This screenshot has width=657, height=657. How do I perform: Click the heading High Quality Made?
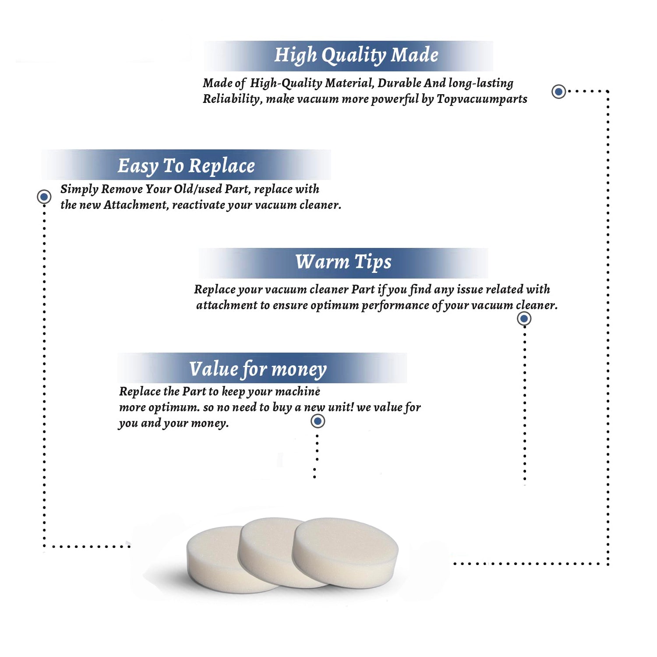(356, 56)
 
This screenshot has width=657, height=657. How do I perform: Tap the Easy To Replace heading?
(186, 166)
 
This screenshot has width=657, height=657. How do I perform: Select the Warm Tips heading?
(343, 262)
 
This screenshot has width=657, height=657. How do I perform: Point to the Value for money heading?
(258, 369)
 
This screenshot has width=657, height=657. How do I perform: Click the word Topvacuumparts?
(482, 99)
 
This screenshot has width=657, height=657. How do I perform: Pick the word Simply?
(79, 189)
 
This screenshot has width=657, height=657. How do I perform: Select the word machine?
(298, 391)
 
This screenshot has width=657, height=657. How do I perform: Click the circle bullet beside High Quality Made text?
(558, 92)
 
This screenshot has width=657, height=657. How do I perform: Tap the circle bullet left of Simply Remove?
(44, 197)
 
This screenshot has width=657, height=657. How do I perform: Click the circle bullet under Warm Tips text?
(524, 318)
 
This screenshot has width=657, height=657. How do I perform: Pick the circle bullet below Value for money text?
(318, 421)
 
